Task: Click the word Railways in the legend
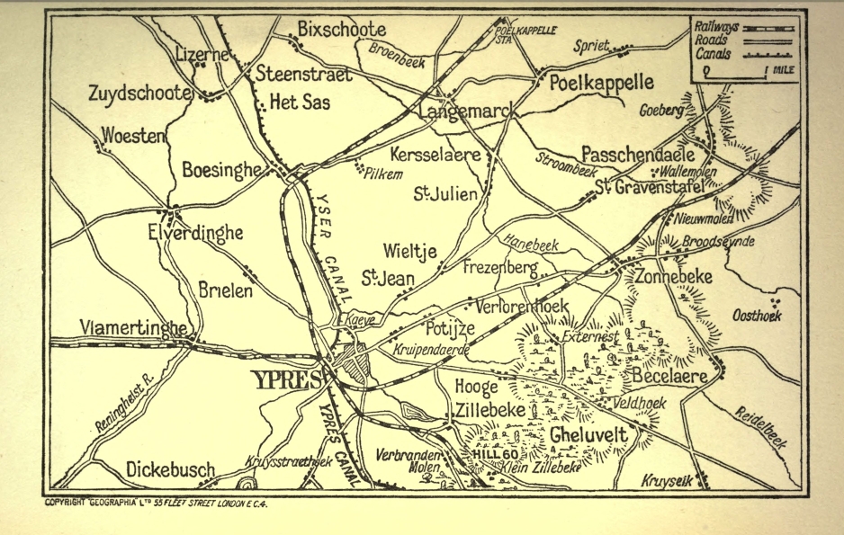click(x=716, y=27)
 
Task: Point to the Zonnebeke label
click(x=675, y=277)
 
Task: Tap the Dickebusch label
click(x=170, y=469)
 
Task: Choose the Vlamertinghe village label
click(x=135, y=326)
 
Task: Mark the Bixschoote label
click(x=341, y=29)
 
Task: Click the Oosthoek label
click(x=755, y=316)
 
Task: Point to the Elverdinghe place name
click(x=195, y=233)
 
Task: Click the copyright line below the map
click(x=156, y=503)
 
